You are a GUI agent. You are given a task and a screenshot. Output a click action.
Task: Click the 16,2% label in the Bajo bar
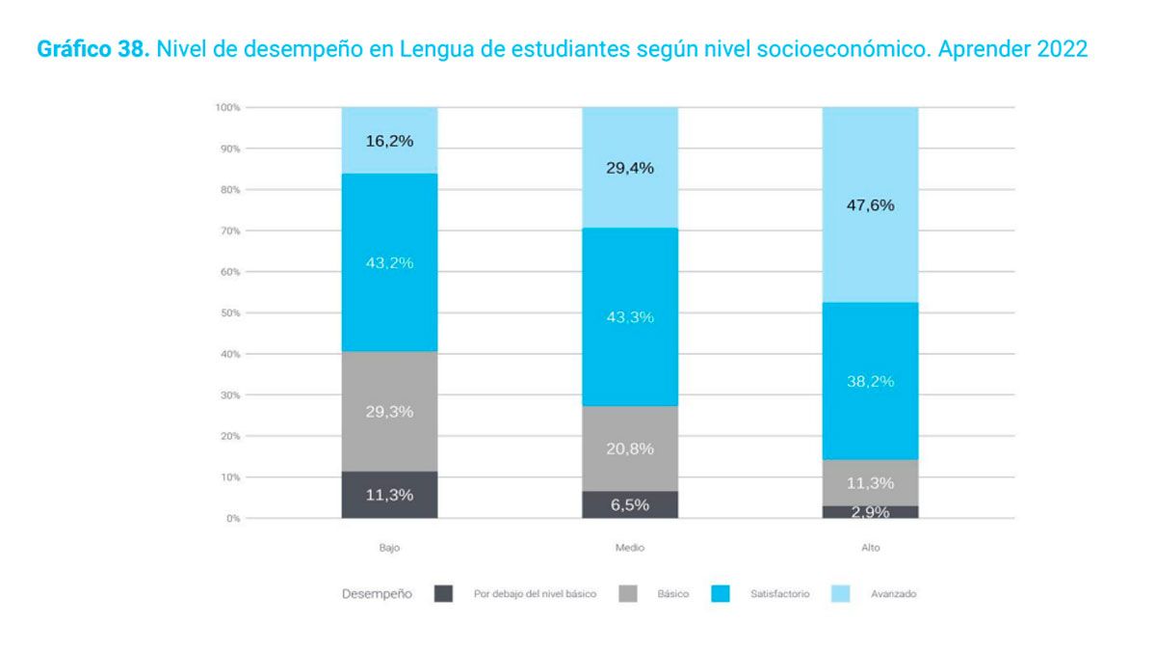(x=389, y=141)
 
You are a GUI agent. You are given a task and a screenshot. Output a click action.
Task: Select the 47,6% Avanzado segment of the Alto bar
(x=870, y=204)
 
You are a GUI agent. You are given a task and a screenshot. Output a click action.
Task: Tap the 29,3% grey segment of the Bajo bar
(x=389, y=412)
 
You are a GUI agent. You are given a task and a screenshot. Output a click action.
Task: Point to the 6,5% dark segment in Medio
(x=630, y=504)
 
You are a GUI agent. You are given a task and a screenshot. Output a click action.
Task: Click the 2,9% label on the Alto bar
(x=870, y=512)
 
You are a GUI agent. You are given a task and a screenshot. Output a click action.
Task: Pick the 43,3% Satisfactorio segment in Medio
(x=630, y=317)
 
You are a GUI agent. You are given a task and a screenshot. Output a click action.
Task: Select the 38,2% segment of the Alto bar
(x=870, y=381)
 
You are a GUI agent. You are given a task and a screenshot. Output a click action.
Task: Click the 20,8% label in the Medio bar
(x=630, y=448)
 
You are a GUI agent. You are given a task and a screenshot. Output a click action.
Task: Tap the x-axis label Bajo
(x=389, y=548)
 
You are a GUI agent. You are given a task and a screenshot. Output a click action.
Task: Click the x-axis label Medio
(x=630, y=548)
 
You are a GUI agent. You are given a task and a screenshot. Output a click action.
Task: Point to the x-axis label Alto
(x=870, y=548)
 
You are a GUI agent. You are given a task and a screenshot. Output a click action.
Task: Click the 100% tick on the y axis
(x=227, y=107)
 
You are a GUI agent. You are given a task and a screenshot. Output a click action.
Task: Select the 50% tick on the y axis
(x=229, y=313)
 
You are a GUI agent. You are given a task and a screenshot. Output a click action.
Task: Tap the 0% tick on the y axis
(x=232, y=519)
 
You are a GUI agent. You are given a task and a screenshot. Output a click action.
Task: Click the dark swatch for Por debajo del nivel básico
(x=443, y=594)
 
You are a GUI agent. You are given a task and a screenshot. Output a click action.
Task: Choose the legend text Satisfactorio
(x=779, y=594)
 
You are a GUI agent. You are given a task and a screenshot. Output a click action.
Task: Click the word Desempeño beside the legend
(x=378, y=594)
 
